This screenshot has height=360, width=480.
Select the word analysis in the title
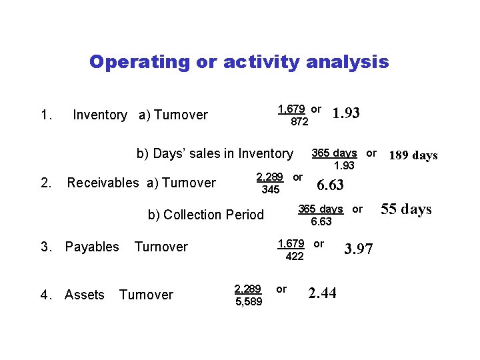pyautogui.click(x=347, y=62)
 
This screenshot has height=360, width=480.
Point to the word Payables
pyautogui.click(x=92, y=247)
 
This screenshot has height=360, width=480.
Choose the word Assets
pyautogui.click(x=85, y=295)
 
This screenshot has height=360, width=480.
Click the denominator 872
pyautogui.click(x=299, y=122)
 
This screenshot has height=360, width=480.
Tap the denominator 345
pyautogui.click(x=271, y=191)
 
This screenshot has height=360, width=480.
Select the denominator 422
pyautogui.click(x=294, y=256)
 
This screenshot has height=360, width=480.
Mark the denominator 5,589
pyautogui.click(x=249, y=303)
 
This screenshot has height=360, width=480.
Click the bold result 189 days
pyautogui.click(x=413, y=156)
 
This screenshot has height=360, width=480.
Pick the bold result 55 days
pyautogui.click(x=406, y=209)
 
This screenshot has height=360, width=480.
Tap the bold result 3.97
pyautogui.click(x=359, y=249)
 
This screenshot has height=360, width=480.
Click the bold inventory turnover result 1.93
pyautogui.click(x=345, y=113)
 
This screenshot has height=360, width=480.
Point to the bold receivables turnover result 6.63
pyautogui.click(x=330, y=185)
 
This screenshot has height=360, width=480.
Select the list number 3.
pyautogui.click(x=45, y=247)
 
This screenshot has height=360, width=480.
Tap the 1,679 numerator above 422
pyautogui.click(x=291, y=243)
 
